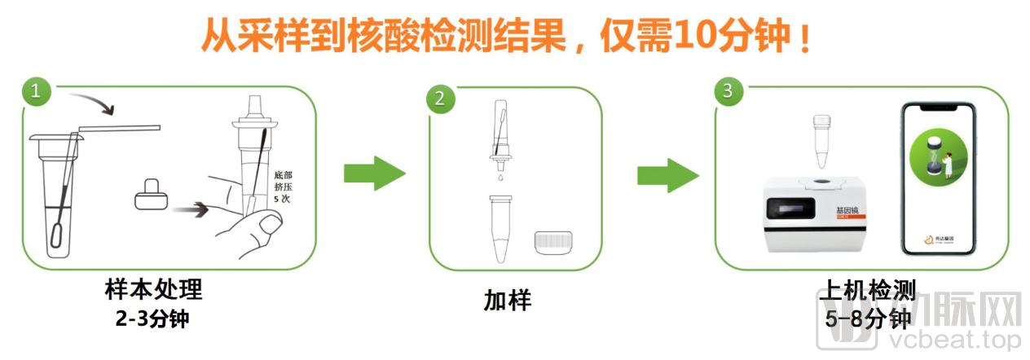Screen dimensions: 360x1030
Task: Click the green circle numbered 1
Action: [x=34, y=91]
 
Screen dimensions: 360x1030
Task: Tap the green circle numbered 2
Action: [x=440, y=100]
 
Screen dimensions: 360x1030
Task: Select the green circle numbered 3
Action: [x=728, y=91]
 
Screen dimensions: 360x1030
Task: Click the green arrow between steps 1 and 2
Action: [x=374, y=173]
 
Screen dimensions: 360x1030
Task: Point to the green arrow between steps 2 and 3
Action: [x=667, y=173]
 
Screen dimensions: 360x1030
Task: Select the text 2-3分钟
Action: [x=152, y=318]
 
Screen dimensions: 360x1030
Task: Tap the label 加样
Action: [x=507, y=301]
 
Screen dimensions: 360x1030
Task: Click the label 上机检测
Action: [x=866, y=290]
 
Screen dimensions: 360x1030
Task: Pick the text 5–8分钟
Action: [x=866, y=318]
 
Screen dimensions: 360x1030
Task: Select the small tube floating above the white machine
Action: [x=821, y=139]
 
